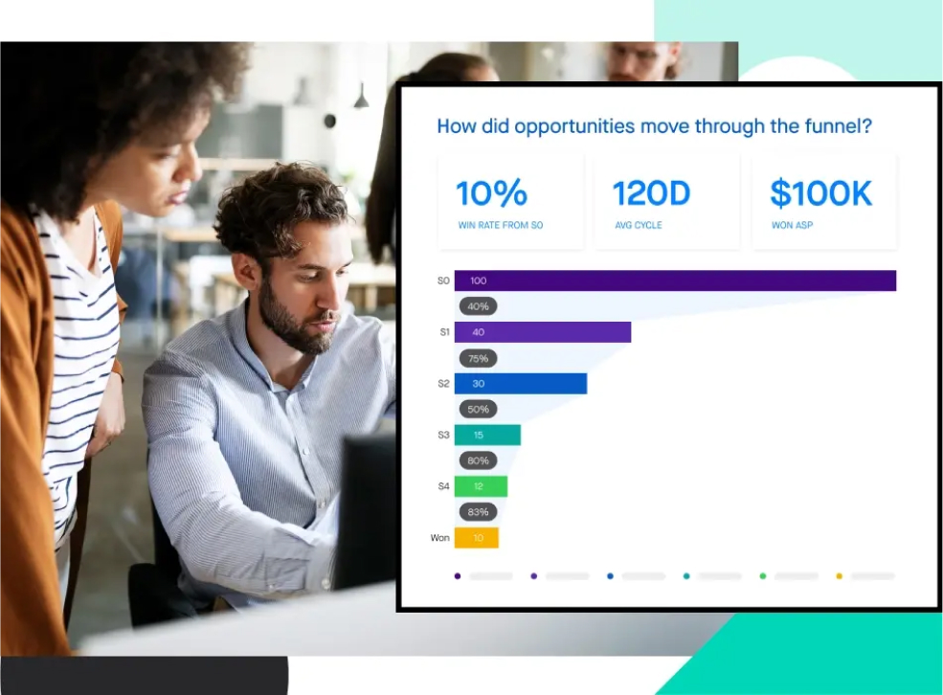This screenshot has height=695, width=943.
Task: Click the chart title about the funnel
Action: point(654,126)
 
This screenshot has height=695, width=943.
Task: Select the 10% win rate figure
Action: point(491,194)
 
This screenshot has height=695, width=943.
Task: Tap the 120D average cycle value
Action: point(651,194)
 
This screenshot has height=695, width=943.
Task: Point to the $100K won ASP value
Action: point(820,194)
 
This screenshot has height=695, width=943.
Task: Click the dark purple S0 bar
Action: point(675,280)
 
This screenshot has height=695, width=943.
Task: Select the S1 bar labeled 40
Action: point(542,332)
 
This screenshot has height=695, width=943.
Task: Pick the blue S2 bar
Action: point(520,384)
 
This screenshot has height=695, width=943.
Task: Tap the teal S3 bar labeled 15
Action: point(487,436)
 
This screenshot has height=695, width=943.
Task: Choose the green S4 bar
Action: point(481,486)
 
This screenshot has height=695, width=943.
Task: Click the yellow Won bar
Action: point(476,538)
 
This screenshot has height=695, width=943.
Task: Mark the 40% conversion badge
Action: point(478,306)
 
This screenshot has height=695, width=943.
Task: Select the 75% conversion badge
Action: point(478,358)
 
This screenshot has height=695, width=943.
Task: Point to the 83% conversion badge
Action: point(478,512)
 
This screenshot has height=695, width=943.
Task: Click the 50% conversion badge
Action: point(478,410)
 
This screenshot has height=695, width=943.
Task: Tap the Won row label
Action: point(439,538)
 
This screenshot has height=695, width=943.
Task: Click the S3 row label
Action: point(443,436)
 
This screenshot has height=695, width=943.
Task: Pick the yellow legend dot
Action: point(840,576)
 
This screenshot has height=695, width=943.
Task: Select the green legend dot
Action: point(763,576)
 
